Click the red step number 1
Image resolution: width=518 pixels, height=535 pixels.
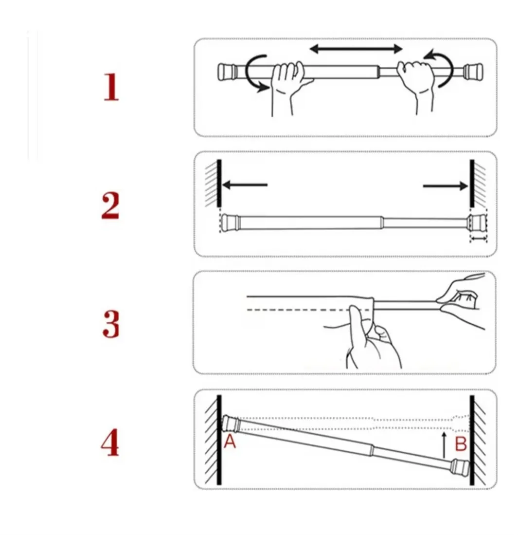111,88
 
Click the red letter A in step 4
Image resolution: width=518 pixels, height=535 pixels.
230,443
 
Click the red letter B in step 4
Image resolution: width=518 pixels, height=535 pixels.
461,443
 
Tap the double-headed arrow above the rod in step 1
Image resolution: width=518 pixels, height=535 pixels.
357,49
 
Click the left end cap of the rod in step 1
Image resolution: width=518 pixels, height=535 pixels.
225,71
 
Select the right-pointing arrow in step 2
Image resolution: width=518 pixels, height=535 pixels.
445,185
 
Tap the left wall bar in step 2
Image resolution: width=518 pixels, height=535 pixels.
219,184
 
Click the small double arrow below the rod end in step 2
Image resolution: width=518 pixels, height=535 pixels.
478,239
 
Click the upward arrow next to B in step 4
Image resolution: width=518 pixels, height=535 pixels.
444,444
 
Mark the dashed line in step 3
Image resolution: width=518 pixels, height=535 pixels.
297,310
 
